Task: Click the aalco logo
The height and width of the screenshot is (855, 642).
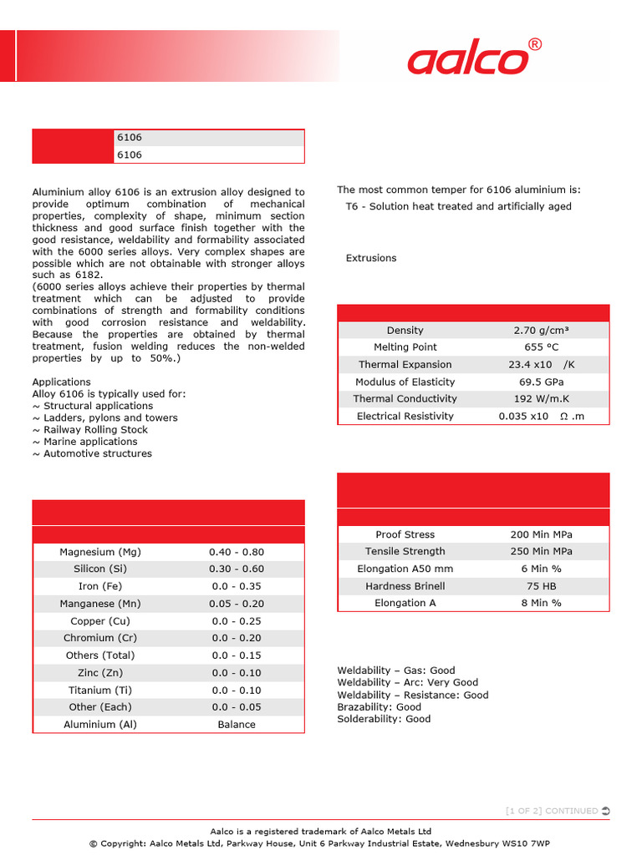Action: point(468,60)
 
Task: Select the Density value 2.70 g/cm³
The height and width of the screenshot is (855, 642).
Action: point(542,331)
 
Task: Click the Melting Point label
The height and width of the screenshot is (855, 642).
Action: point(405,347)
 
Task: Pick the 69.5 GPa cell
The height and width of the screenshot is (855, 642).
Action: point(542,382)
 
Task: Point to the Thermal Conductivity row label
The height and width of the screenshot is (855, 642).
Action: point(405,399)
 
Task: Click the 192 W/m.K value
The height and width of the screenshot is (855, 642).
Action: point(542,399)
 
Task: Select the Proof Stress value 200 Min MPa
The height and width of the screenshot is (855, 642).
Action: point(542,534)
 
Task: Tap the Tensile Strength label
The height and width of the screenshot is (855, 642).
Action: point(405,551)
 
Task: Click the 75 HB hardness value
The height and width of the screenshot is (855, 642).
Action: point(542,586)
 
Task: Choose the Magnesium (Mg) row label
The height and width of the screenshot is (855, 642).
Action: point(100,552)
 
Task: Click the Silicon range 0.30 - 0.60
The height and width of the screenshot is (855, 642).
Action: point(237,569)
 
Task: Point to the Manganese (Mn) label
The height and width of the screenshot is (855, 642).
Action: point(100,604)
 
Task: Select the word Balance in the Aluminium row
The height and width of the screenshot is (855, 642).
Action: point(237,725)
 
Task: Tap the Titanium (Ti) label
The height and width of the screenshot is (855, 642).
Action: point(100,691)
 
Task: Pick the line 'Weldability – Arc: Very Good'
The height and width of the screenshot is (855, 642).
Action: point(408,682)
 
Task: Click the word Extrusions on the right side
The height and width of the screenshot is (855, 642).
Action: point(371,258)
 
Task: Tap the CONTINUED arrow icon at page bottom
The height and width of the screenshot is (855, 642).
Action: point(605,811)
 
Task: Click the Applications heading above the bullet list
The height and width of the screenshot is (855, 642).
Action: point(61,382)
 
